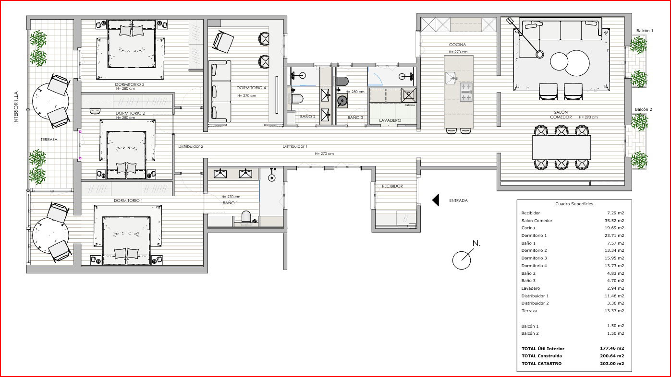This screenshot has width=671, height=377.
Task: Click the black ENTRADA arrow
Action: click(x=436, y=200)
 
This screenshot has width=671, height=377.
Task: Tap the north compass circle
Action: click(x=461, y=260)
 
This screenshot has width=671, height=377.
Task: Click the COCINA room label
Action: click(x=457, y=45)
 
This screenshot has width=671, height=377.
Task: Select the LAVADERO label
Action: click(x=390, y=120)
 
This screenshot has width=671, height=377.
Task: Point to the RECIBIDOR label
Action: click(x=392, y=186)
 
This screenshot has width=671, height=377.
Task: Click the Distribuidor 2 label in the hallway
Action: click(x=191, y=146)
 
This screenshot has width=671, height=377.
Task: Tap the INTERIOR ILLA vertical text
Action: click(x=16, y=107)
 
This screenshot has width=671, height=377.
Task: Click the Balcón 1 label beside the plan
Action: click(x=645, y=31)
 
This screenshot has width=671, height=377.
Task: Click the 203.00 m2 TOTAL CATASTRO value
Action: click(x=612, y=364)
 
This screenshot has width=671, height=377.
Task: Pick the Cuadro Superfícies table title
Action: click(x=574, y=204)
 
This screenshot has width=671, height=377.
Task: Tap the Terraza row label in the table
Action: click(x=529, y=311)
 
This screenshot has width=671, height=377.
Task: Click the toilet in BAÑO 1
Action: click(x=246, y=217)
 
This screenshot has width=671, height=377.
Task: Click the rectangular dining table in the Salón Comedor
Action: click(x=561, y=148)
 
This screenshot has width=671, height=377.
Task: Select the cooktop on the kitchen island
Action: click(x=466, y=92)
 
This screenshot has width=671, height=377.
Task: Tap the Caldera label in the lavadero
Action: click(x=410, y=105)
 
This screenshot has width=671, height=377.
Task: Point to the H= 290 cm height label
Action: click(x=588, y=118)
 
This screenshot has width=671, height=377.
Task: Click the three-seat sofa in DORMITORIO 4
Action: click(x=220, y=92)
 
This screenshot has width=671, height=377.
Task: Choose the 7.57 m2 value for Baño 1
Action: click(x=616, y=243)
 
